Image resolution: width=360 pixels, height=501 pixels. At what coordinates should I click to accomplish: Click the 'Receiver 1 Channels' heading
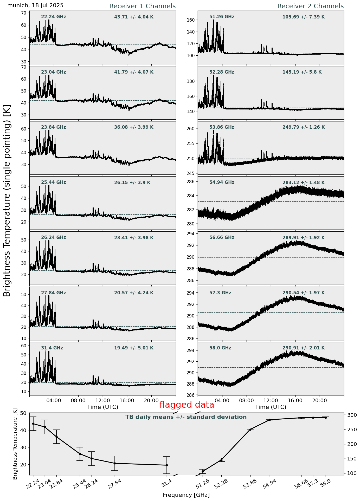(142, 6)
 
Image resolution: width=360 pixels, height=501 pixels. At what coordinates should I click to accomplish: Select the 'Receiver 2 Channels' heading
(310, 6)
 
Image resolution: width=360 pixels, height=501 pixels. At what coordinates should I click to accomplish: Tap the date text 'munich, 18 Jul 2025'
(35, 5)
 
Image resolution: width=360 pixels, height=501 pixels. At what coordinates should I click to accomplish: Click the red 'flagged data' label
(187, 405)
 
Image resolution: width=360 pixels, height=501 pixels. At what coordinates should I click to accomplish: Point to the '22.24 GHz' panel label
(54, 17)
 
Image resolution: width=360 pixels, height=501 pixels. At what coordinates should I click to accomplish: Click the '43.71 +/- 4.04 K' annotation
(134, 17)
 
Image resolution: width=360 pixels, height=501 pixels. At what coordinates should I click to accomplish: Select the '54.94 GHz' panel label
(222, 183)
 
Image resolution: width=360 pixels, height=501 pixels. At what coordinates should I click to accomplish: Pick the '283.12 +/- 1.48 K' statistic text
(304, 183)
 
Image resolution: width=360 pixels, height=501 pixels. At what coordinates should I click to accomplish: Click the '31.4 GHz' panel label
(52, 348)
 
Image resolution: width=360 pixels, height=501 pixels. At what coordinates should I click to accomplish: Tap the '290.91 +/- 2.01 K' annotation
(304, 348)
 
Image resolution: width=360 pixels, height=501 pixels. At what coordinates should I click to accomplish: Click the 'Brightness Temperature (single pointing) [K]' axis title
(7, 200)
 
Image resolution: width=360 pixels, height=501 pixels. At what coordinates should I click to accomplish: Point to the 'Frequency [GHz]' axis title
(186, 495)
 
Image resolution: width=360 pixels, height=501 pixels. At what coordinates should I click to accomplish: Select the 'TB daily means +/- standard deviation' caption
(186, 417)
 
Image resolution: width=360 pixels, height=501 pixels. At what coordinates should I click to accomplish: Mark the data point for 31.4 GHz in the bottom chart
(167, 465)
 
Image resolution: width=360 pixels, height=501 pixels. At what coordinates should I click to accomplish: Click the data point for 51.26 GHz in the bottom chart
(203, 471)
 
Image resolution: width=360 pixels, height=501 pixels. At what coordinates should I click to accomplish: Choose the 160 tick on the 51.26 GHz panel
(192, 20)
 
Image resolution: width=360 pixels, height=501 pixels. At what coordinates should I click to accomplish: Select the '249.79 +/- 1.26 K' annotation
(304, 127)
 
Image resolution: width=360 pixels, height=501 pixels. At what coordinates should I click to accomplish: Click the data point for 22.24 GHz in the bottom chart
(33, 424)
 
